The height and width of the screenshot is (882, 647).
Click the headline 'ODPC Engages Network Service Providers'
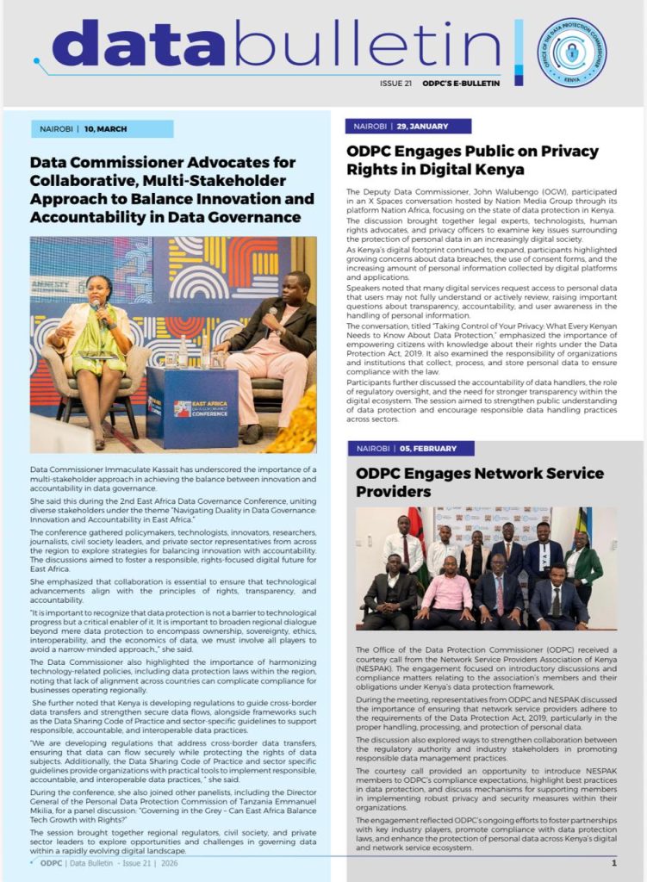click(x=480, y=481)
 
